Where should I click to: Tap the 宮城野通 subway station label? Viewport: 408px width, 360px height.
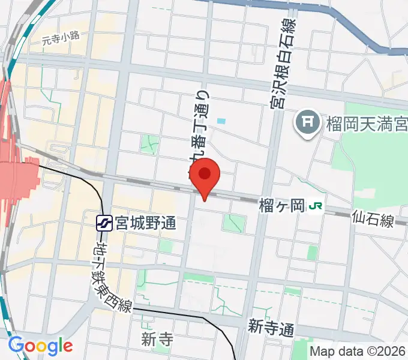pyautogui.click(x=146, y=223)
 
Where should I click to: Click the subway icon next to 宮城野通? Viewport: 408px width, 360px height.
pyautogui.click(x=106, y=223)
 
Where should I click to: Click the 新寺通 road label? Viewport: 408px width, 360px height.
pyautogui.click(x=272, y=328)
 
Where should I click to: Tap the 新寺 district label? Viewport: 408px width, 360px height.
pyautogui.click(x=157, y=340)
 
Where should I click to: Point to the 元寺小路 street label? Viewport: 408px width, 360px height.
pyautogui.click(x=61, y=39)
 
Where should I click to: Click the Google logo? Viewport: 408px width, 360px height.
pyautogui.click(x=40, y=346)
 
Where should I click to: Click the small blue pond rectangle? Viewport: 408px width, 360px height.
pyautogui.click(x=222, y=121)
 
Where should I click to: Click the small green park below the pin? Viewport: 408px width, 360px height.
pyautogui.click(x=234, y=223)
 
